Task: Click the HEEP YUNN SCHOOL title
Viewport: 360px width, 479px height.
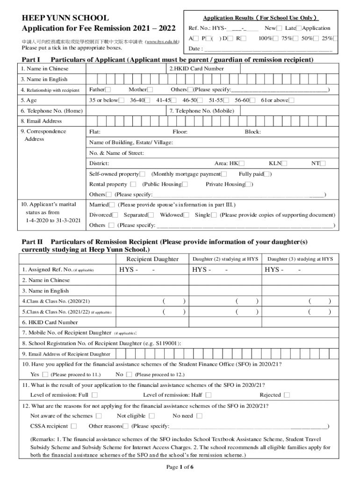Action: point(65,18)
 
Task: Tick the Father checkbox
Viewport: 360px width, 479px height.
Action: point(108,90)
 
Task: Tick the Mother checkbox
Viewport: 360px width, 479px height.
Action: point(150,90)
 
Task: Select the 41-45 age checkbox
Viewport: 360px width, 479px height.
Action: point(173,100)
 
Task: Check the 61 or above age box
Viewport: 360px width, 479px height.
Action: point(292,100)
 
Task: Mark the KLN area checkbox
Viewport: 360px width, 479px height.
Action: point(284,163)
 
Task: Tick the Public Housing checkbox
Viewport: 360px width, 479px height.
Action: point(185,184)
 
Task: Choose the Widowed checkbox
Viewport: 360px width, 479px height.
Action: point(186,215)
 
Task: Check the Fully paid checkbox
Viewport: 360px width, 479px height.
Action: point(266,174)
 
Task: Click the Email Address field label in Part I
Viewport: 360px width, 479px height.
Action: point(41,121)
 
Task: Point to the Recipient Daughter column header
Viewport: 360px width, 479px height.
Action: point(152,259)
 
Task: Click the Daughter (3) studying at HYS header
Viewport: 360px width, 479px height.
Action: point(300,259)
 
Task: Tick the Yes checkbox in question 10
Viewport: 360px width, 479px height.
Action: point(45,375)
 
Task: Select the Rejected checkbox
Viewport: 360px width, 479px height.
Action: point(287,395)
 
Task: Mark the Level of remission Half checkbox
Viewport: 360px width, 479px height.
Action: point(208,395)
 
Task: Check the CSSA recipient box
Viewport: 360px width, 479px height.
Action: point(74,426)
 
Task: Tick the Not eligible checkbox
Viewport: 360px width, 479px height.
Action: point(152,416)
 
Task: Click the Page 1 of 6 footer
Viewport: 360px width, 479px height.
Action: point(180,467)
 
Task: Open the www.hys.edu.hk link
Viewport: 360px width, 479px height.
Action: point(162,42)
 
